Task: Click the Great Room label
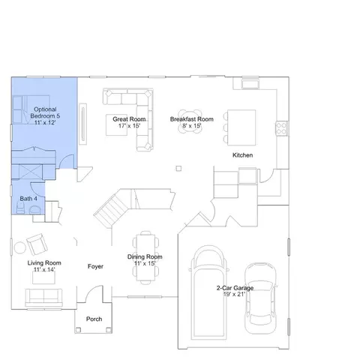pyautogui.click(x=129, y=119)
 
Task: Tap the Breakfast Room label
pyautogui.click(x=192, y=119)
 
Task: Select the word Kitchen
pyautogui.click(x=242, y=155)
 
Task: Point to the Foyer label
pyautogui.click(x=95, y=266)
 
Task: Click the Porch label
pyautogui.click(x=94, y=319)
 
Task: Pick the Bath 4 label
pyautogui.click(x=28, y=199)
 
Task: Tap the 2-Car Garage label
pyautogui.click(x=235, y=288)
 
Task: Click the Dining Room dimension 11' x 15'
pyautogui.click(x=145, y=263)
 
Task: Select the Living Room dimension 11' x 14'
pyautogui.click(x=44, y=269)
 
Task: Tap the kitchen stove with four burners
pyautogui.click(x=281, y=128)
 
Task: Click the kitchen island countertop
pyautogui.click(x=241, y=127)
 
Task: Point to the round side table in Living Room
pyautogui.click(x=20, y=248)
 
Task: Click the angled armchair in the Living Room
pyautogui.click(x=37, y=244)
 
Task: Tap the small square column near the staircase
pyautogui.click(x=178, y=169)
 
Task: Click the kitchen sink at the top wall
pyautogui.click(x=250, y=84)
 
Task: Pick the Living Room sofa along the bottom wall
pyautogui.click(x=43, y=298)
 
